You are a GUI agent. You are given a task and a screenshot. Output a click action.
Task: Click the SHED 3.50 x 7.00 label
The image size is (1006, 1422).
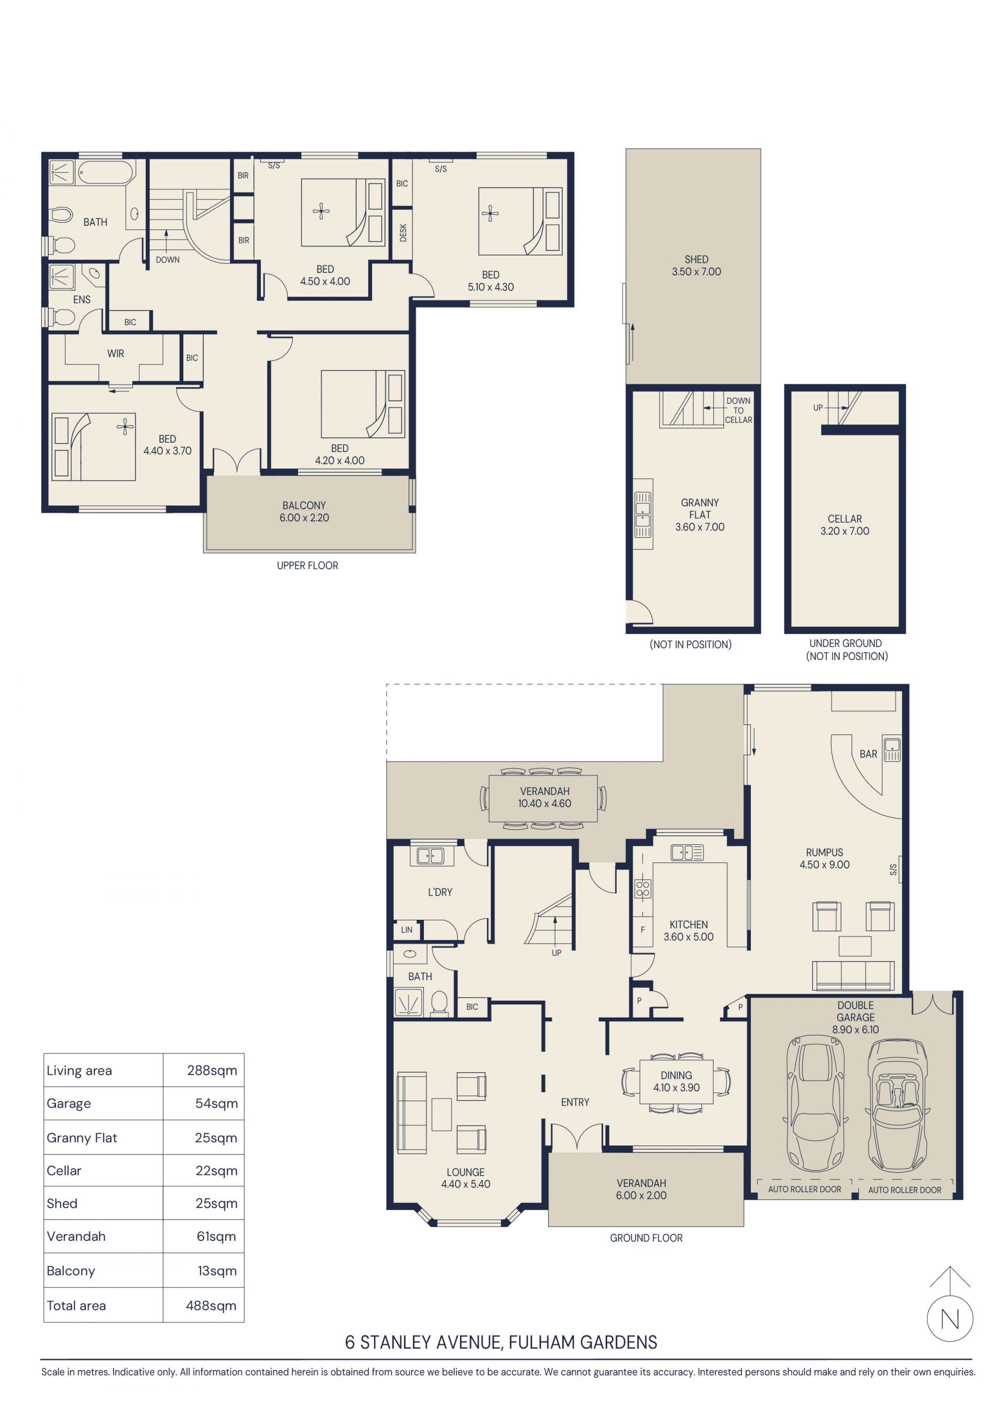click(x=696, y=265)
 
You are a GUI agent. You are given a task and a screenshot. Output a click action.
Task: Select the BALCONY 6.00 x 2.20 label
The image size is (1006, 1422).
click(x=303, y=511)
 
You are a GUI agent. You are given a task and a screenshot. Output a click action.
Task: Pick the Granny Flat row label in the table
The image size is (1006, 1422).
click(x=82, y=1137)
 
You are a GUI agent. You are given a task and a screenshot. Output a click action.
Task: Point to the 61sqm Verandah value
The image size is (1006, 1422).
click(x=216, y=1236)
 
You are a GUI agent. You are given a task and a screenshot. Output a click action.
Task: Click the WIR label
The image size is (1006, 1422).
click(x=115, y=353)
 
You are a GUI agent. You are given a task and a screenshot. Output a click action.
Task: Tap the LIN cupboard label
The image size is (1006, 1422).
click(x=407, y=930)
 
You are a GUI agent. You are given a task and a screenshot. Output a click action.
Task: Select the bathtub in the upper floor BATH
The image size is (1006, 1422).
click(x=105, y=172)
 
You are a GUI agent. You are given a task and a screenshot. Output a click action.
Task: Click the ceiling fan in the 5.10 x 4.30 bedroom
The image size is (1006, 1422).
click(x=490, y=214)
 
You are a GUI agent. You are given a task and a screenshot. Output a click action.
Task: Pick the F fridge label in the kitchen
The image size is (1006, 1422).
click(x=642, y=930)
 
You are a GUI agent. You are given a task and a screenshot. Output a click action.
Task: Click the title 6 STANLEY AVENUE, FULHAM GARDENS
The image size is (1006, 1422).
click(x=500, y=1342)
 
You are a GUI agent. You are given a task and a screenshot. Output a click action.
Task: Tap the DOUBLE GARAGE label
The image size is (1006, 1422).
click(x=856, y=1011)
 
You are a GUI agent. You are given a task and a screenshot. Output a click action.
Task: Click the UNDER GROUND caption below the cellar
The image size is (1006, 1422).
click(x=845, y=644)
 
